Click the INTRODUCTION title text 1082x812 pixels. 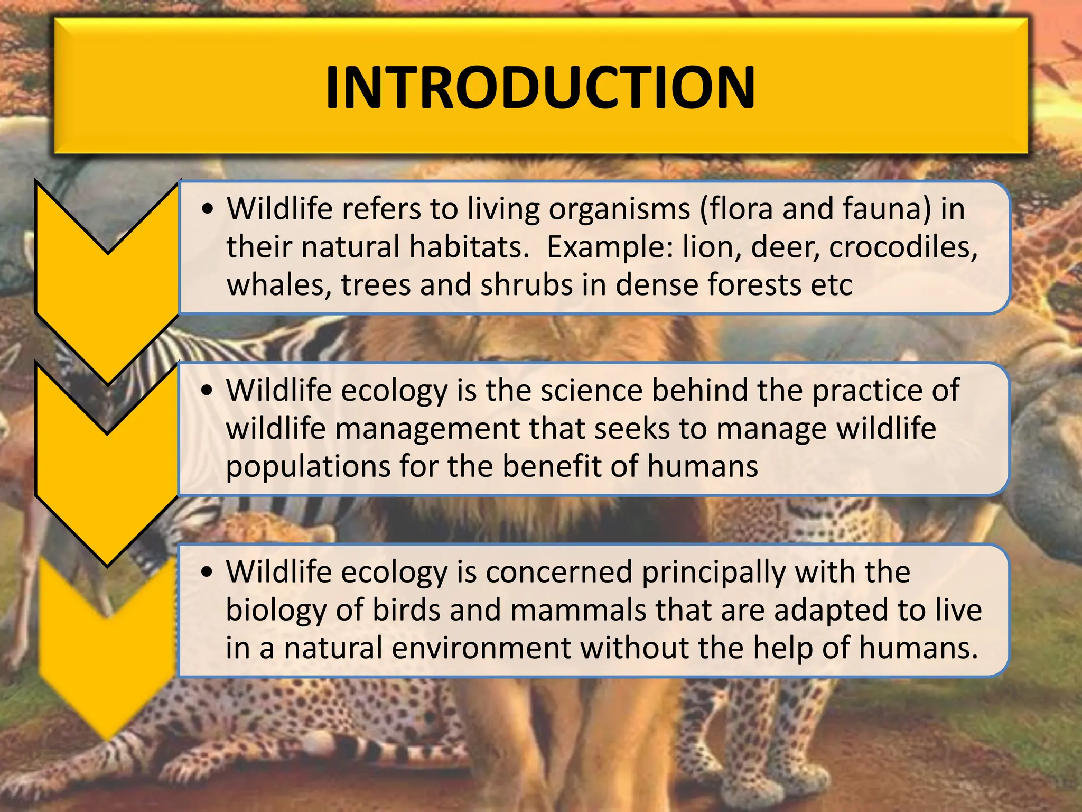pyautogui.click(x=540, y=88)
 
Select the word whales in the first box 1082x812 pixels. pyautogui.click(x=279, y=285)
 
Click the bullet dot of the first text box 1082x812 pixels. pyautogui.click(x=208, y=209)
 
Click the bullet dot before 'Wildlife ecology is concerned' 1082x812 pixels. pyautogui.click(x=208, y=573)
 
